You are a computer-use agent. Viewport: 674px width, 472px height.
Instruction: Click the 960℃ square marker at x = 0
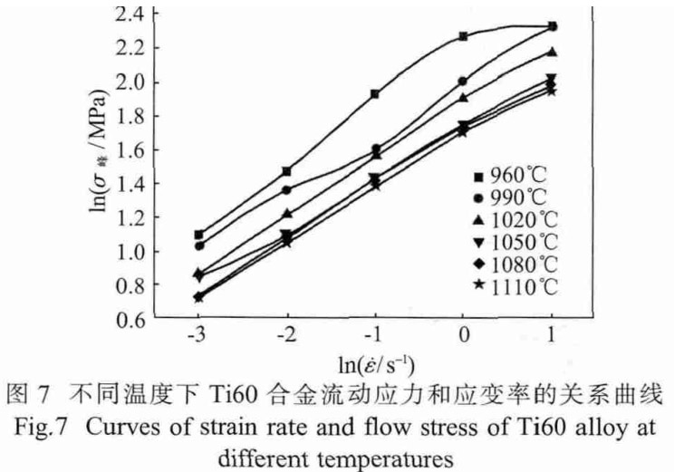(x=464, y=36)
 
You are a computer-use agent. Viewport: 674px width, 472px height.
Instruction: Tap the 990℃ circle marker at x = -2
(x=287, y=189)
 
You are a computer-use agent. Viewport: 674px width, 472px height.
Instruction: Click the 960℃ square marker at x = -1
(x=375, y=93)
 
